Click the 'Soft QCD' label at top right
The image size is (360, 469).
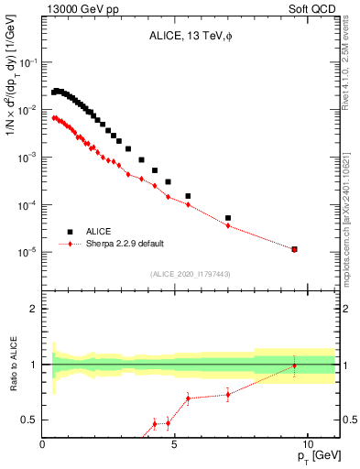click(314, 10)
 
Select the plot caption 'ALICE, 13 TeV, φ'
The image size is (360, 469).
click(188, 38)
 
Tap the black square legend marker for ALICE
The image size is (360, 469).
click(69, 232)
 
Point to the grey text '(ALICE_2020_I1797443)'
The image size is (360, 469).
click(191, 274)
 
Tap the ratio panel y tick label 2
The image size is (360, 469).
click(33, 309)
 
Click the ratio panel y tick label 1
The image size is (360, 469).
click(33, 365)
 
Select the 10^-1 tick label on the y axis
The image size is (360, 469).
click(27, 62)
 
